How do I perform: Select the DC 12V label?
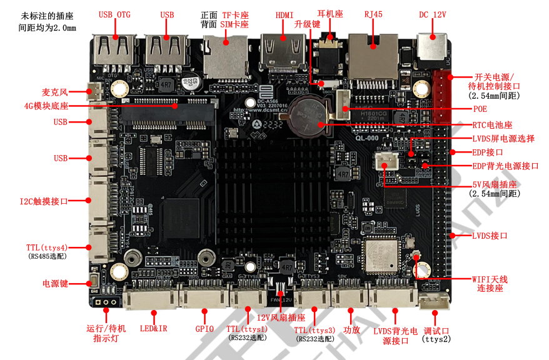click(x=433, y=14)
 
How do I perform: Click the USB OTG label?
click(x=114, y=14)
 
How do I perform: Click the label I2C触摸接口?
click(x=43, y=201)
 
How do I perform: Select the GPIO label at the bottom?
click(x=204, y=329)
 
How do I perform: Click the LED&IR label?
click(x=154, y=329)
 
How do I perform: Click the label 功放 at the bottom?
click(x=352, y=329)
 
